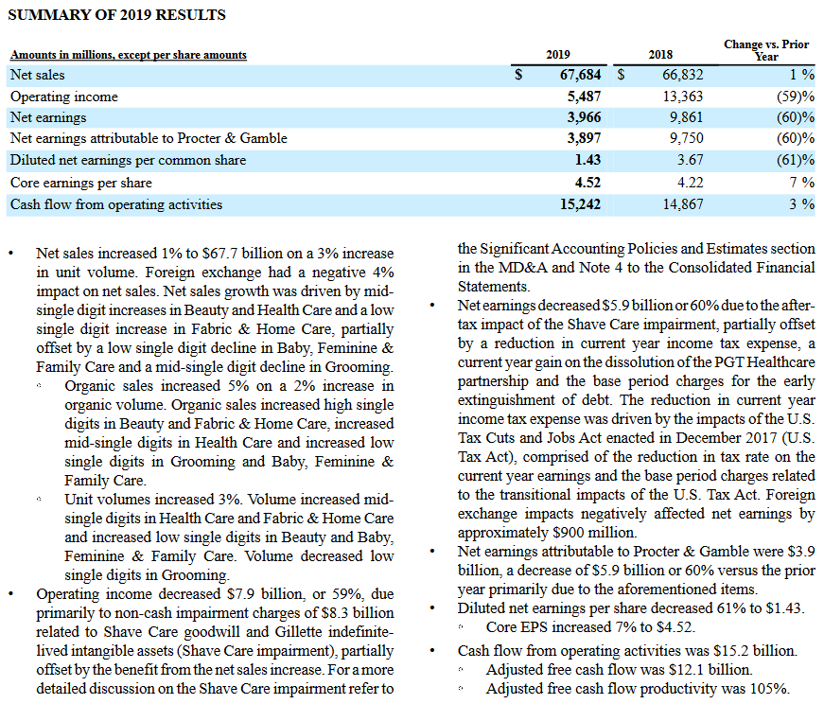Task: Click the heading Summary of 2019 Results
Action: (116, 15)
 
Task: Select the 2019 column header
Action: (557, 55)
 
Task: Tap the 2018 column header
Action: (660, 55)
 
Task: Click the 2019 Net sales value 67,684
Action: (580, 75)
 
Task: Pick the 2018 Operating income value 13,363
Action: (683, 97)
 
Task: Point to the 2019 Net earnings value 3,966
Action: (584, 117)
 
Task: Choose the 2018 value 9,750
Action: (686, 138)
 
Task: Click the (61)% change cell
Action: (796, 160)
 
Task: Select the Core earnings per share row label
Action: (81, 183)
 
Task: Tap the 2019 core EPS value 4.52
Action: (587, 183)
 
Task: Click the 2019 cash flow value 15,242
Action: (580, 204)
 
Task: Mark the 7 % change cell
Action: (802, 183)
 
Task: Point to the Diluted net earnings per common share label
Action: (129, 160)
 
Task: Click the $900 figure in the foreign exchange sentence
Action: (568, 533)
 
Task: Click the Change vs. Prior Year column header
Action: (766, 50)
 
